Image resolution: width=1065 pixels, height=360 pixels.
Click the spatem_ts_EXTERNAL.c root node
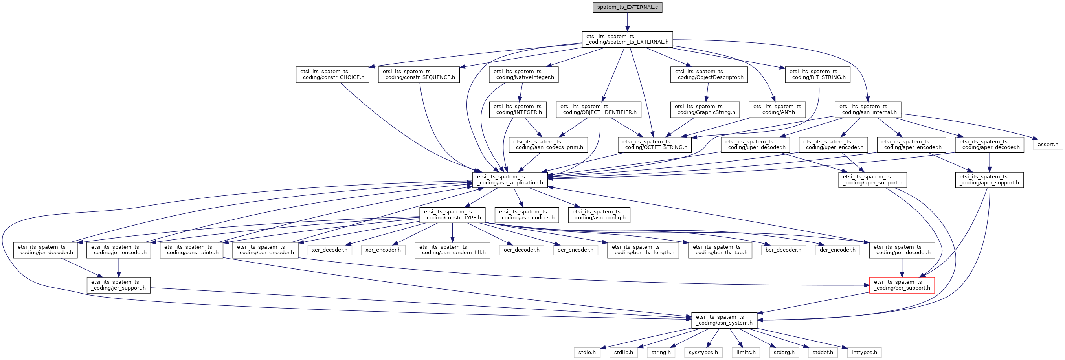coord(627,7)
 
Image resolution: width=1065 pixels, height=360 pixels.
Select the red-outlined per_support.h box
coord(902,285)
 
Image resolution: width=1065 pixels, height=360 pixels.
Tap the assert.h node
coord(1048,145)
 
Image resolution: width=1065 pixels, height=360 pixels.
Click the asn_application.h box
coord(510,180)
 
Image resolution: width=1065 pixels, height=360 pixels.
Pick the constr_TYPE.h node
coord(452,215)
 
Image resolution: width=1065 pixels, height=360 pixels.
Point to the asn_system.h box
coord(724,320)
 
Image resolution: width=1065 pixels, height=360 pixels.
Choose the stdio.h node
coord(587,353)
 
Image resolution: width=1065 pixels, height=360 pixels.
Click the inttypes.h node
coord(864,353)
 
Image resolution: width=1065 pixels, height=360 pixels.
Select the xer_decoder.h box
coord(329,250)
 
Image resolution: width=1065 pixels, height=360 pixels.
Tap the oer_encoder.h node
coord(575,250)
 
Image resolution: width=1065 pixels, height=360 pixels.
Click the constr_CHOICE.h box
coord(332,74)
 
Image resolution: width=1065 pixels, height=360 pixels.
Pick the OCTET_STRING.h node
coord(654,145)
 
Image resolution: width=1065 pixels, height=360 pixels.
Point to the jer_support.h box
coord(118,285)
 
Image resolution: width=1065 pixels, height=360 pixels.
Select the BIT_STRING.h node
coord(817,74)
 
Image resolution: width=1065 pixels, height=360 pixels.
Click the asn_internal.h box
coord(867,110)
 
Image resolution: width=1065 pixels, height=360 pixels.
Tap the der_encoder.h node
coord(837,250)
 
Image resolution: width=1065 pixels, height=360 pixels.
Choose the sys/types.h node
coord(703,353)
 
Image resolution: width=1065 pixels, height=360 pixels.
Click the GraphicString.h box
coord(705,110)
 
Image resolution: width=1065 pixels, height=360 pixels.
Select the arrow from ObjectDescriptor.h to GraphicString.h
coord(707,92)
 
